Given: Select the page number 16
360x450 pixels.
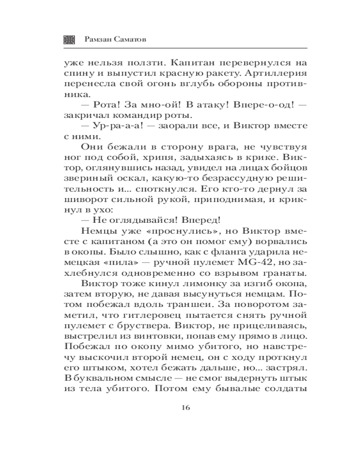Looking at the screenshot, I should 185,408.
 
